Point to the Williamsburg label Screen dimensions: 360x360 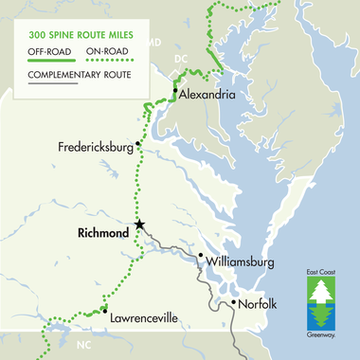tap(239, 260)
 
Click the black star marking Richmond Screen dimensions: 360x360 tap(139, 225)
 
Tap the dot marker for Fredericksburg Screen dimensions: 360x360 tap(138, 144)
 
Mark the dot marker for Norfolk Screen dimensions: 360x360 tap(235, 303)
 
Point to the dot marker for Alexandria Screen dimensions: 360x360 tap(175, 92)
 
